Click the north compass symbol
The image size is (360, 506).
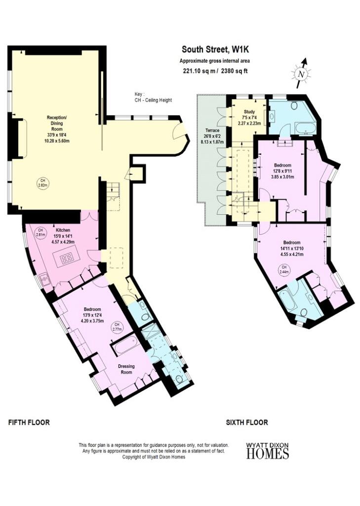click(x=301, y=73)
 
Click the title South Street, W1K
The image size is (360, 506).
click(x=214, y=49)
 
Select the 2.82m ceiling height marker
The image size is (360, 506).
click(x=42, y=183)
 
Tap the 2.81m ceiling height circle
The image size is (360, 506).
click(x=41, y=232)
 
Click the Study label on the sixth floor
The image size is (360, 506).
click(x=249, y=112)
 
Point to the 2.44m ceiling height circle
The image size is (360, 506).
click(x=283, y=270)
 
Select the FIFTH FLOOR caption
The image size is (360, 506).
click(x=29, y=422)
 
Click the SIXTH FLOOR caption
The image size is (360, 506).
click(x=247, y=422)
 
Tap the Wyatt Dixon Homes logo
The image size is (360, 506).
click(x=267, y=450)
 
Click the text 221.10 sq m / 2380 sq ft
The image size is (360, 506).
click(x=214, y=70)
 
